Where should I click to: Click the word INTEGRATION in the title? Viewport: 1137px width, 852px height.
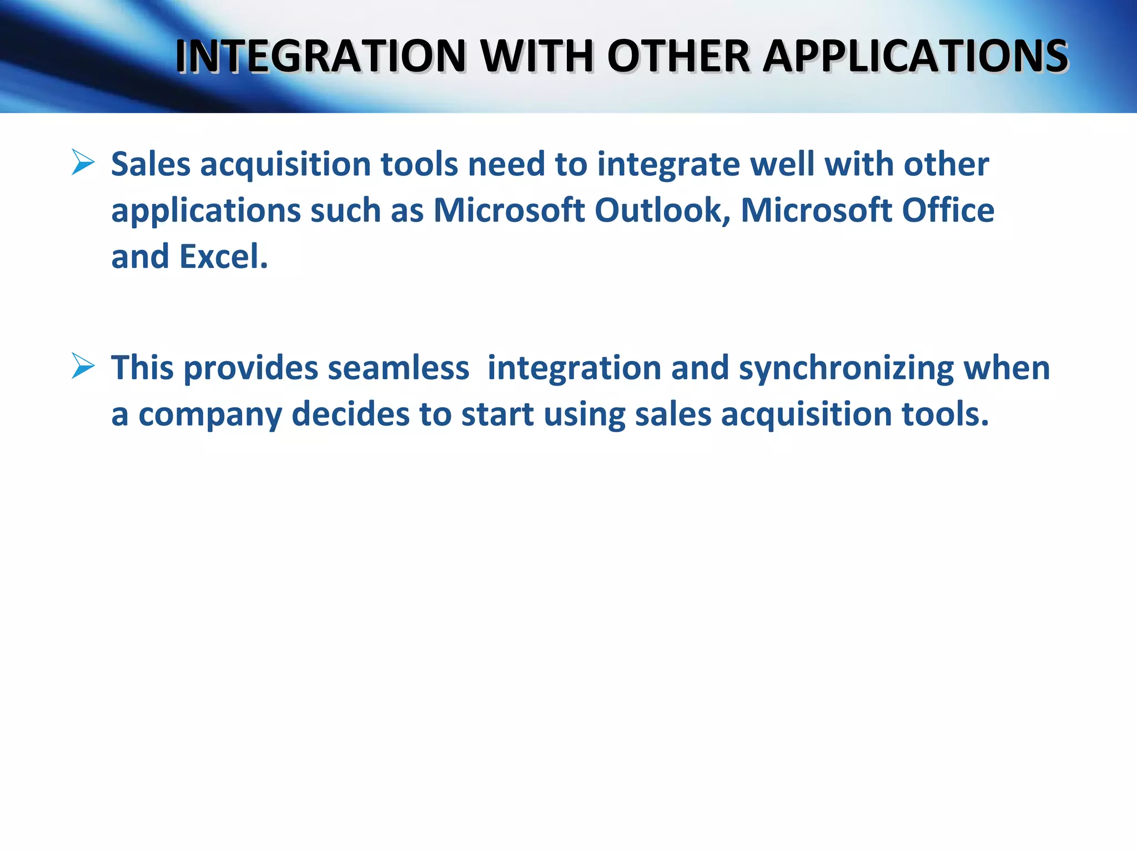[x=320, y=56]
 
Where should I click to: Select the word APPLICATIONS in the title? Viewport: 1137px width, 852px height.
[x=915, y=56]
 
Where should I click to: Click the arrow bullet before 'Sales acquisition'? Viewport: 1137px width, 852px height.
[x=83, y=163]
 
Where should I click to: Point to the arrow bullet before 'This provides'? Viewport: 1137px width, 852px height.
[x=83, y=367]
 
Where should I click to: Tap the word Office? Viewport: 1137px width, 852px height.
[x=948, y=211]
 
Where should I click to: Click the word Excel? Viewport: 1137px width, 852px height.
[x=224, y=257]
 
